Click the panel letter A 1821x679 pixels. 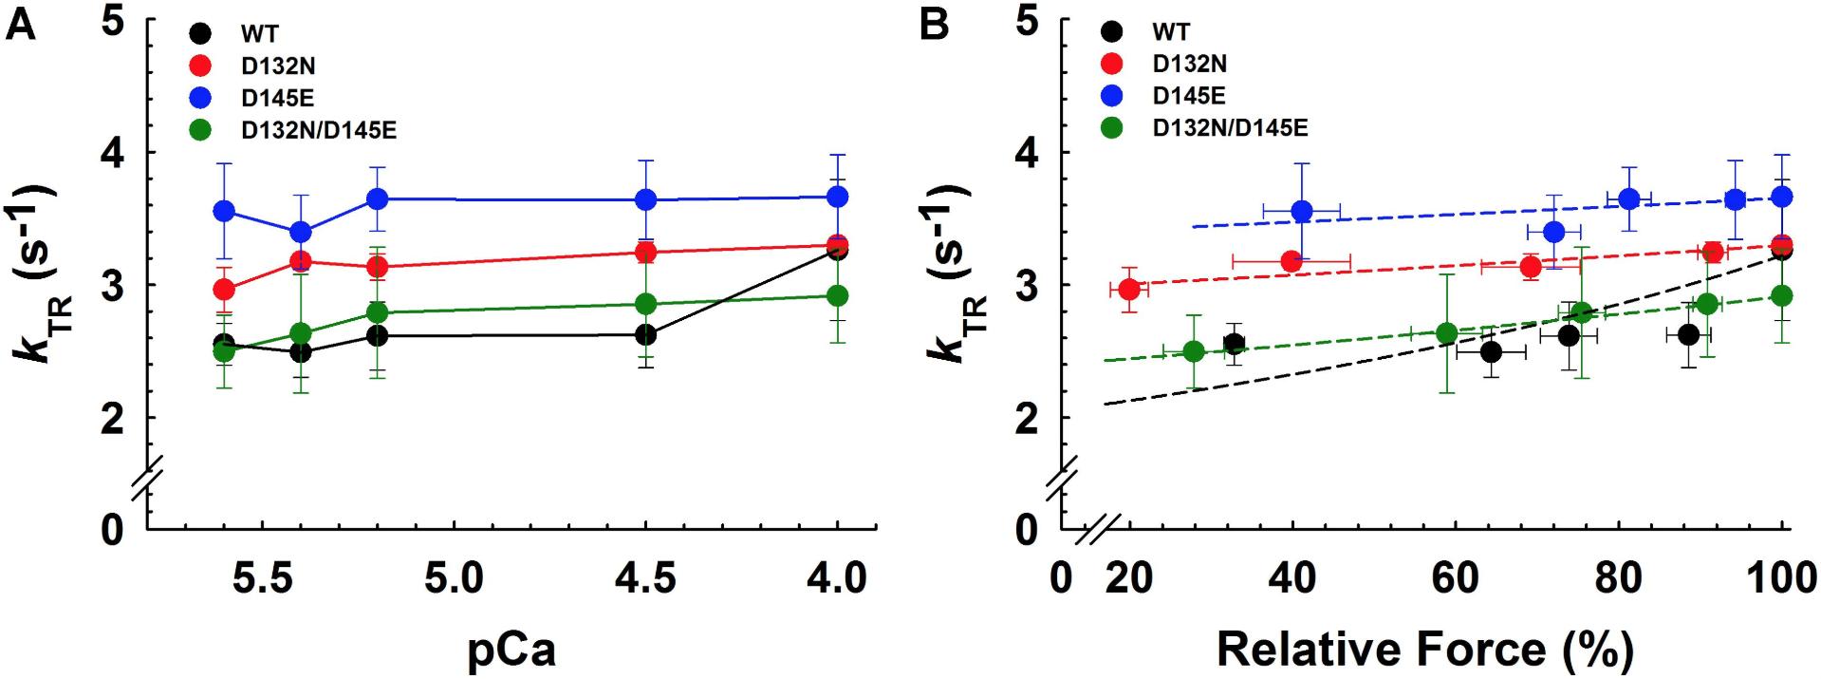coord(20,25)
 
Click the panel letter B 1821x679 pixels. coord(934,25)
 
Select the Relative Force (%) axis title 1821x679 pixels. coord(1424,650)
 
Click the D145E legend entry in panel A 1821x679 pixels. coord(277,97)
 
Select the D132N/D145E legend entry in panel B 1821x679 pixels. coord(1230,127)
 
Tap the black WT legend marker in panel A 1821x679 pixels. coord(200,33)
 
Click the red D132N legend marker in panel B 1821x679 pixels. coord(1112,64)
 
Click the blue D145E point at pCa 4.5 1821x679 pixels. coord(646,199)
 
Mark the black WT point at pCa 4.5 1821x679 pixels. coord(646,334)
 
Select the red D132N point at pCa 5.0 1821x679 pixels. coord(378,267)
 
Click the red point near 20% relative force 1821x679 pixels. coord(1129,289)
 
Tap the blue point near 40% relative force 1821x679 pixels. coord(1302,210)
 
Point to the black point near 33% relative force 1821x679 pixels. coord(1234,343)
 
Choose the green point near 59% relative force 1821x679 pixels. coord(1447,333)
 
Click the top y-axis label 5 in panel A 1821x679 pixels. coord(113,23)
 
